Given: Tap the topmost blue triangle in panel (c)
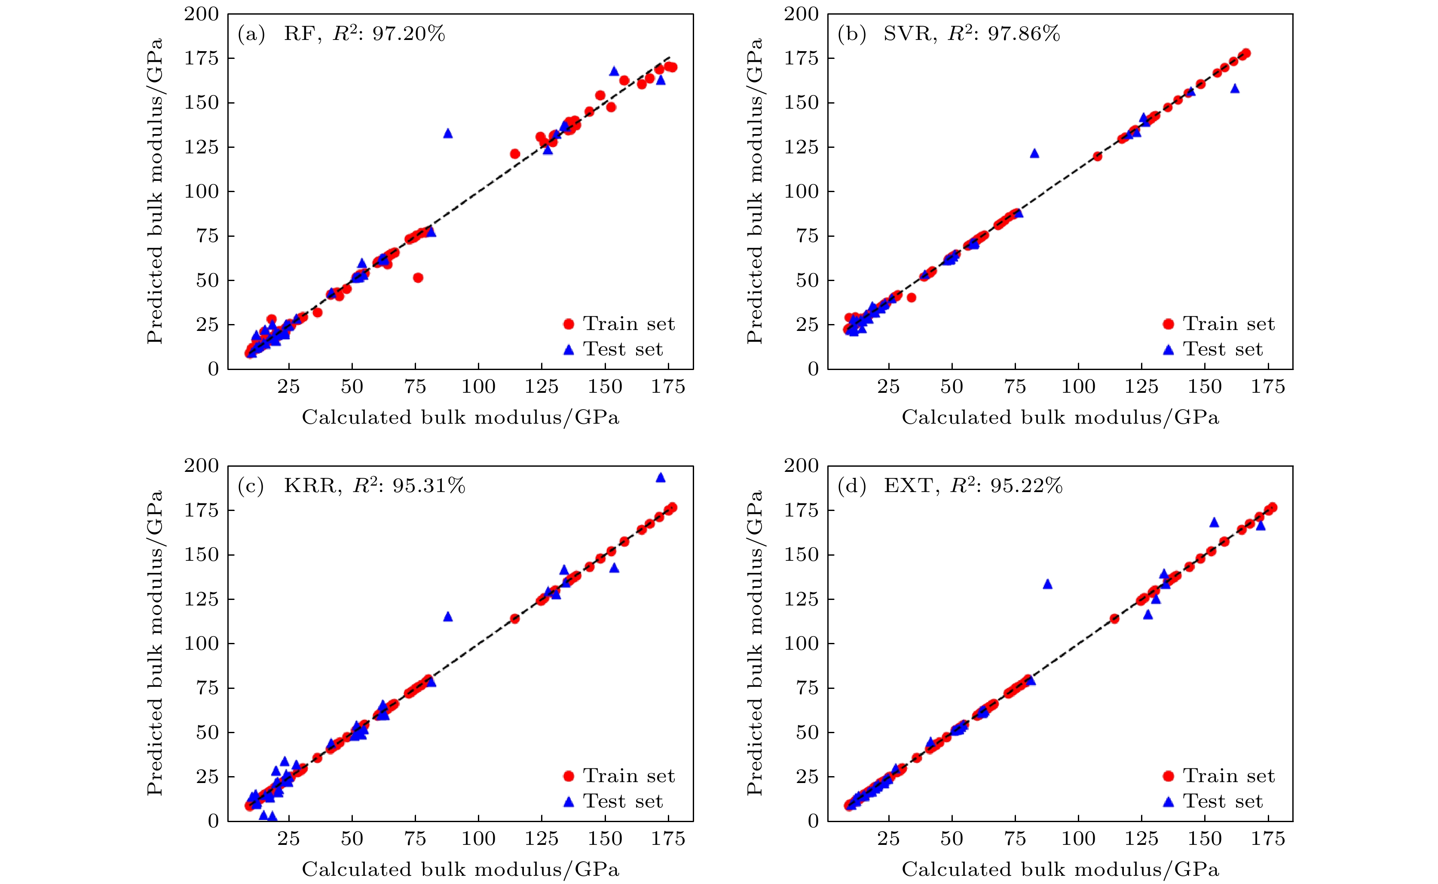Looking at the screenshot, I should (661, 477).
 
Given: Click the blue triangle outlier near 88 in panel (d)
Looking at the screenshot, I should (1047, 584).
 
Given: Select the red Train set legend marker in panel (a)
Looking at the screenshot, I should (568, 324).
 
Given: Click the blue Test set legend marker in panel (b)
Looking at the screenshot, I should (1168, 350).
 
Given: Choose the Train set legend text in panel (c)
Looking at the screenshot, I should (629, 776).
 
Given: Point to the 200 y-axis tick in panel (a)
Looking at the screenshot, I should (202, 14).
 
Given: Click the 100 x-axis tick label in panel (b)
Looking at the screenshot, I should (1078, 386).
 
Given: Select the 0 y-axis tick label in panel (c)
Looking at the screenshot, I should (213, 821).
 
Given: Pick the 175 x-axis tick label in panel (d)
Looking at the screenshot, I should (1267, 839).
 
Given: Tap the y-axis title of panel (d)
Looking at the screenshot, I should (754, 643).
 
